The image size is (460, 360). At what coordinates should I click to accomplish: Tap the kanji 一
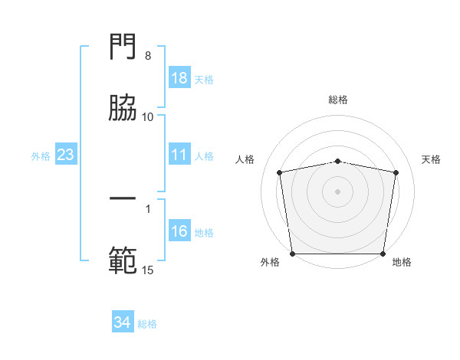(123, 200)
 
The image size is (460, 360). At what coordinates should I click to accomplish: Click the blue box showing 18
(179, 78)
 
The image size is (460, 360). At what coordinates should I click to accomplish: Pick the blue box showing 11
(179, 155)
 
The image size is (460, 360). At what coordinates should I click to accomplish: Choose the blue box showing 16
(179, 232)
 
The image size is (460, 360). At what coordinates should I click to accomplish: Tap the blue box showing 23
(66, 155)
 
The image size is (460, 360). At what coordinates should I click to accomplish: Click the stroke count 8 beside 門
(148, 56)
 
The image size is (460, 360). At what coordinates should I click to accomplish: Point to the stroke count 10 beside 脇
(148, 116)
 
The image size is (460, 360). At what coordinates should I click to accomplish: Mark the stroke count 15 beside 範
(148, 270)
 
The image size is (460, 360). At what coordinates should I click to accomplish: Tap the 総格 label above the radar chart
(338, 100)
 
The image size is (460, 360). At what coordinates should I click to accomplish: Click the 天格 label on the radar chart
(431, 159)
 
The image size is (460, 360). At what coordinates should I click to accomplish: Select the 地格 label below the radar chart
(402, 262)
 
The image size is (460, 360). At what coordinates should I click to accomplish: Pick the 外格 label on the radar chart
(270, 262)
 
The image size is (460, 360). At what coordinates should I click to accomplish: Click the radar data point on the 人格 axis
(280, 172)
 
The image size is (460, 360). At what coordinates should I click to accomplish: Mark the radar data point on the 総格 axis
(338, 161)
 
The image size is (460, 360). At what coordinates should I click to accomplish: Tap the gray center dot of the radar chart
(338, 191)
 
